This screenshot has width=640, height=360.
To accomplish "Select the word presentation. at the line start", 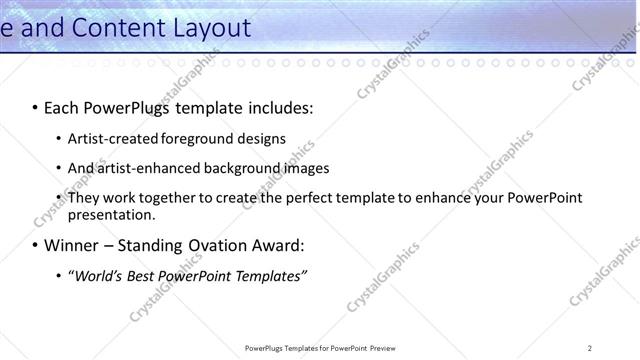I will point(112,214).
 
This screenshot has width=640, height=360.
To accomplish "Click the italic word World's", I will point(94,275).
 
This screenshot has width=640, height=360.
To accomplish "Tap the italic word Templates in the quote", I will point(269,275).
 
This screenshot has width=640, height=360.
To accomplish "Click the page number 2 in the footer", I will point(590,348).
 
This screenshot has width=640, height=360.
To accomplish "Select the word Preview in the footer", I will point(387,348).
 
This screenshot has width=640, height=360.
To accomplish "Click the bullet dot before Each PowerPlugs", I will point(35,107).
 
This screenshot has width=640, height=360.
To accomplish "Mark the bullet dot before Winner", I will point(35,245).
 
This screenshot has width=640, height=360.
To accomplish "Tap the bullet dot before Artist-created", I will point(59,138).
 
